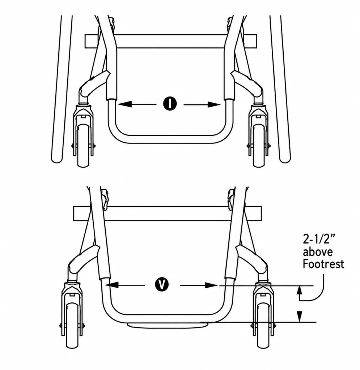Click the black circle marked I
click(x=170, y=104)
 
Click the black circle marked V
click(x=162, y=285)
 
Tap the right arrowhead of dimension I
click(x=213, y=104)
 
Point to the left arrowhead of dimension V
click(x=111, y=285)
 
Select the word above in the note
click(x=318, y=252)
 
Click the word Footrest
click(x=323, y=264)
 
